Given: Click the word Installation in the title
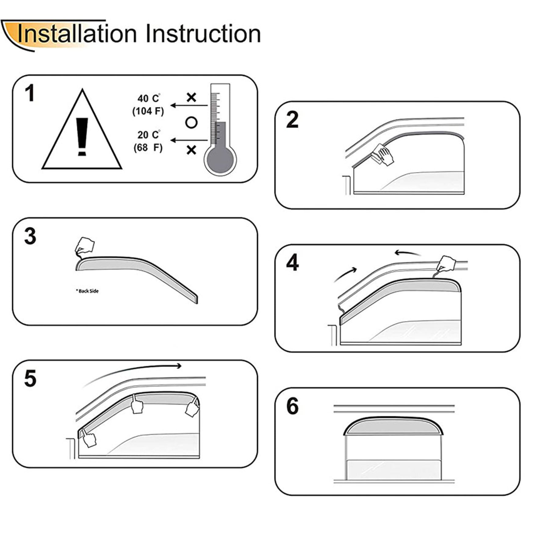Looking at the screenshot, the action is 77,34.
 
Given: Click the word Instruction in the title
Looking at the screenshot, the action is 203,34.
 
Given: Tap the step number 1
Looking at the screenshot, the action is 30,93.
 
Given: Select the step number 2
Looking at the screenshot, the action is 292,120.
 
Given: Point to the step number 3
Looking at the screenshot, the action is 30,236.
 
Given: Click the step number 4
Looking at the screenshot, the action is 292,263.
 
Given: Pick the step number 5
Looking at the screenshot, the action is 30,379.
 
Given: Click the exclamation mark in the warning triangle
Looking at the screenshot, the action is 82,137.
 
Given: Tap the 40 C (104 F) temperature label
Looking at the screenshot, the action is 148,105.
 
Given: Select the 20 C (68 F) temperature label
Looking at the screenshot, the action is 148,141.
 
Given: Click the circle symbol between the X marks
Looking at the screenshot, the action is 191,122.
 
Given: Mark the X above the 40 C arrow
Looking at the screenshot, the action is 191,98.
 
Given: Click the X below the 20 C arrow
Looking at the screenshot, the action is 191,150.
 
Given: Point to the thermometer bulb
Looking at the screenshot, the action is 220,160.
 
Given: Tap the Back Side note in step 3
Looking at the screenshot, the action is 87,291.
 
